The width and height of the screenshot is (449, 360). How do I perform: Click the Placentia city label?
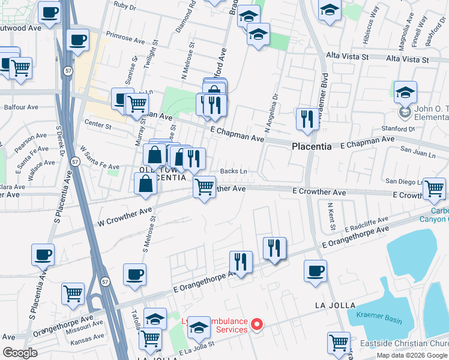[x=312, y=146]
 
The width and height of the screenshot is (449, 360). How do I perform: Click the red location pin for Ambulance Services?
[x=258, y=325]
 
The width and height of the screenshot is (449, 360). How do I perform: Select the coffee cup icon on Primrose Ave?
[x=77, y=40]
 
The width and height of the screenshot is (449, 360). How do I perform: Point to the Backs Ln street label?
[x=234, y=171]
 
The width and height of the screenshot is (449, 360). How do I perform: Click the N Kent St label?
[x=331, y=217]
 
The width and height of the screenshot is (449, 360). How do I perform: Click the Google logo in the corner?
[x=20, y=353]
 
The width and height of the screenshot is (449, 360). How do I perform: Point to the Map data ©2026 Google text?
[x=412, y=355]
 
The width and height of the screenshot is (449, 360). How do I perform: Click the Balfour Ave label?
[x=20, y=107]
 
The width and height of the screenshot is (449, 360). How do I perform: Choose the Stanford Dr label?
[x=399, y=128]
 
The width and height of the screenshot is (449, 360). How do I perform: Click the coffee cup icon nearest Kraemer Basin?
[x=315, y=271]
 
